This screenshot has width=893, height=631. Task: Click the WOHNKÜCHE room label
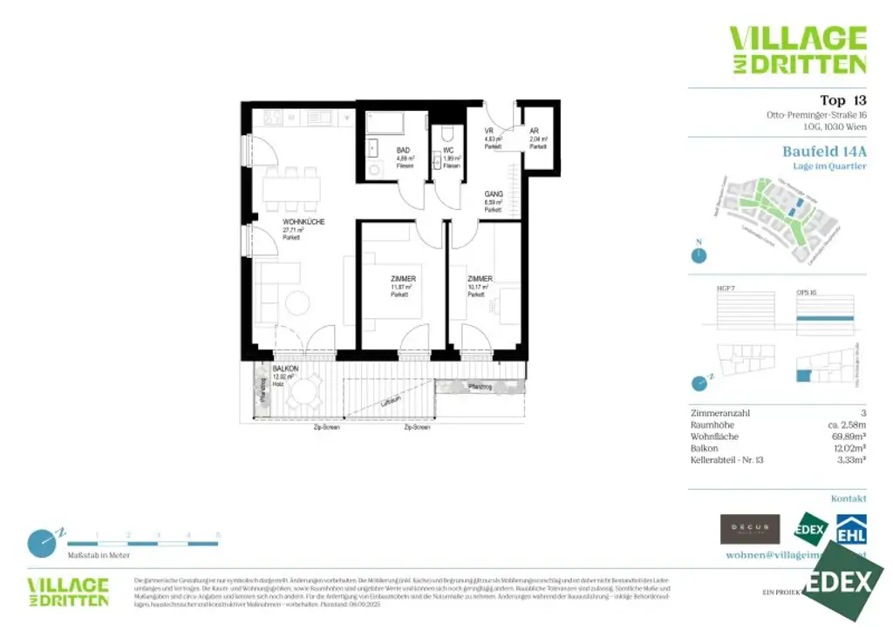click(x=303, y=222)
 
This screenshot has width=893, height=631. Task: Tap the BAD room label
click(x=403, y=150)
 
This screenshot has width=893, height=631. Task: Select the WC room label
click(x=448, y=150)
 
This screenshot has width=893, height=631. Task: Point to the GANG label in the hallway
click(x=494, y=195)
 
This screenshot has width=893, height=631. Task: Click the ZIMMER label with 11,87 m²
click(x=402, y=279)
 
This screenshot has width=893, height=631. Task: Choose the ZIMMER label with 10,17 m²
click(x=480, y=279)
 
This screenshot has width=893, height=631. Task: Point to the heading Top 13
click(x=842, y=99)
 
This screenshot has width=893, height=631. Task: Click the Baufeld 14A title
click(x=824, y=151)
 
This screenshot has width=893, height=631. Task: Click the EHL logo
click(x=851, y=530)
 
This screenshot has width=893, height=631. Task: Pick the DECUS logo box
click(x=749, y=529)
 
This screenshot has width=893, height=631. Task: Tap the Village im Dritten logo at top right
click(x=797, y=50)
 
